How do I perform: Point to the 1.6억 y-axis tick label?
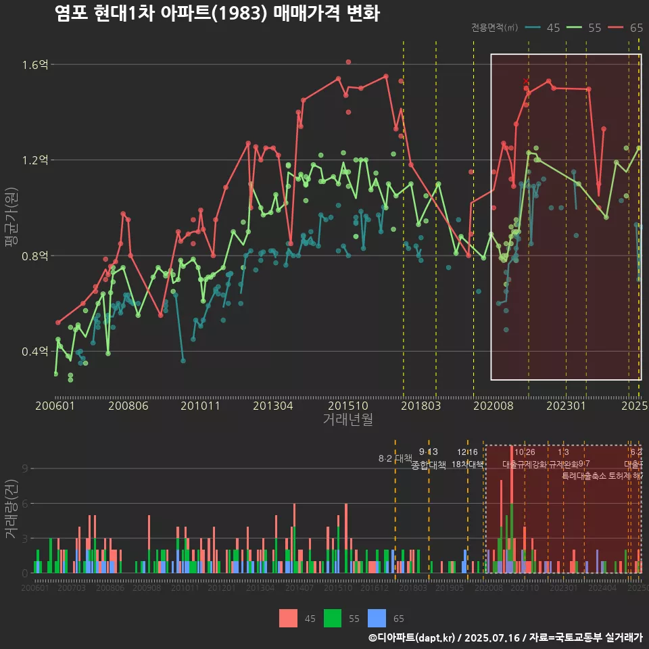(35, 65)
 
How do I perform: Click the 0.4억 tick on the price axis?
(35, 352)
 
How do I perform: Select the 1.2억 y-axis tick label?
(35, 160)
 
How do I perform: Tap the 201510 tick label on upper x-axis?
(347, 406)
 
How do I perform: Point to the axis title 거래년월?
(347, 420)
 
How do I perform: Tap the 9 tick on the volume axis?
(24, 468)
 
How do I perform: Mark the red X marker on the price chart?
(526, 81)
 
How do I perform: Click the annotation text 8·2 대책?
(395, 458)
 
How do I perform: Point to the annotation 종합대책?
(429, 465)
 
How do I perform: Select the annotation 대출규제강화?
(525, 464)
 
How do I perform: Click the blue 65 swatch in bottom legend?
(377, 618)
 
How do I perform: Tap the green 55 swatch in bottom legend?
(333, 618)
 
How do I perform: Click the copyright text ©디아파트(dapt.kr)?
(413, 638)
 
